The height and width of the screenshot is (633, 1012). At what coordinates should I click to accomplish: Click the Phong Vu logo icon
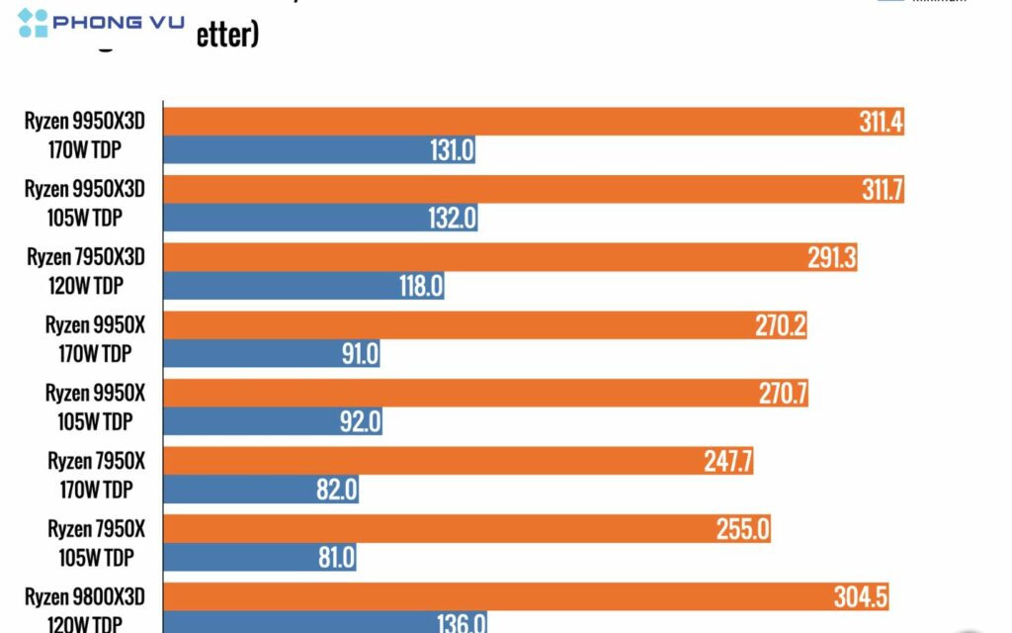(33, 23)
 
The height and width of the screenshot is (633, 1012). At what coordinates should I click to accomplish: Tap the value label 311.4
(881, 123)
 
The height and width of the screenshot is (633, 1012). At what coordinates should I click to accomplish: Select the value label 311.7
(882, 191)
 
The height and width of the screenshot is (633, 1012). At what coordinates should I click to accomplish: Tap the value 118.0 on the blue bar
(418, 287)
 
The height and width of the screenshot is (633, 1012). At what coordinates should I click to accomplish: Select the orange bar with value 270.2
(484, 326)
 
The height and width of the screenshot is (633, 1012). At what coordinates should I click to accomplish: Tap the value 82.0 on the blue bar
(335, 490)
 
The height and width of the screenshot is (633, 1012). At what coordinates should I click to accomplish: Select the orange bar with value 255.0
(465, 529)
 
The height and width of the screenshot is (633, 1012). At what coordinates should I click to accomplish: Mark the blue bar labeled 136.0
(325, 623)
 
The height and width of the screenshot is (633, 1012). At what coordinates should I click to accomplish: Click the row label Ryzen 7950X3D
(86, 257)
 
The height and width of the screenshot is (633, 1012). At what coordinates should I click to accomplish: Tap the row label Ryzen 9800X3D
(86, 596)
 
